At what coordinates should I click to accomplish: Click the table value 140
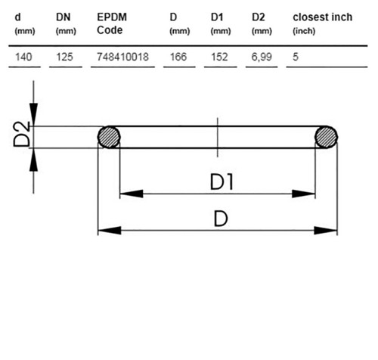point(23,57)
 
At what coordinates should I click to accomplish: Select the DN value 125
point(64,57)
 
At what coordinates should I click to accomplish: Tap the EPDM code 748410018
point(122,57)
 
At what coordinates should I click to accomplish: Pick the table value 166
point(178,57)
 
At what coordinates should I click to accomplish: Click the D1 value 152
point(219,57)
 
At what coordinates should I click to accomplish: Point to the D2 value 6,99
point(262,57)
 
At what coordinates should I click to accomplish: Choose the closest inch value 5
point(296,57)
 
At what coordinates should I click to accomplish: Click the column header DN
point(64,17)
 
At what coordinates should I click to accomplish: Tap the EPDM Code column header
point(112,23)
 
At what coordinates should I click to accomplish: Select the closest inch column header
point(323,17)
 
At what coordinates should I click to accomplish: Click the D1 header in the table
point(217,17)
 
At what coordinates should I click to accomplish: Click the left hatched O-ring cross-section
point(109,137)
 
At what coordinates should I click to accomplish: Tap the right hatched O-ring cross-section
point(326,137)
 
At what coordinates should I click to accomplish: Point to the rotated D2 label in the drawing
point(22,134)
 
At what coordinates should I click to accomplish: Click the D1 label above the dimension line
point(222,182)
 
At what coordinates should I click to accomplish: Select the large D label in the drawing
point(221,219)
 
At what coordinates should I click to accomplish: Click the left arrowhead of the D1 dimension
point(132,194)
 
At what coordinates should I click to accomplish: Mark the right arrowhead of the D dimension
point(326,231)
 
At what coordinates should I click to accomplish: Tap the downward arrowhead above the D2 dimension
point(33,114)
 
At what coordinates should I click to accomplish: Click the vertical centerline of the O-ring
point(218,137)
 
